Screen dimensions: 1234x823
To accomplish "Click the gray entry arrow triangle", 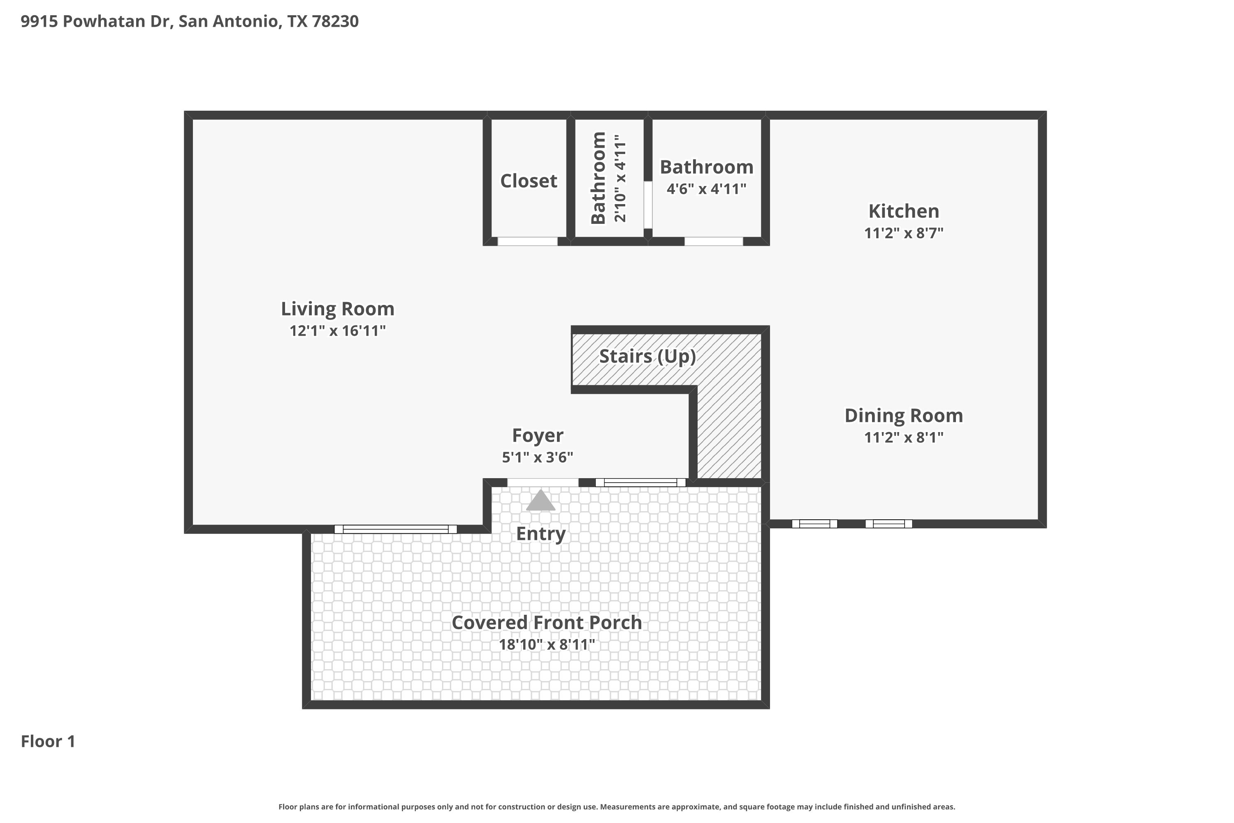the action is pyautogui.click(x=540, y=501).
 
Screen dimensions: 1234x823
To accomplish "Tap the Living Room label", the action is pyautogui.click(x=337, y=309).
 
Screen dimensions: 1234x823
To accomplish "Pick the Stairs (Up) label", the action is pyautogui.click(x=647, y=356).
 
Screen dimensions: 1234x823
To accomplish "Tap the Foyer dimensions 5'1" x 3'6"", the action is pyautogui.click(x=537, y=457).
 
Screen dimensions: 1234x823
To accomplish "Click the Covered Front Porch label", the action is pyautogui.click(x=547, y=623).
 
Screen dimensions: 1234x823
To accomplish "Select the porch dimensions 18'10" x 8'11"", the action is pyautogui.click(x=547, y=644).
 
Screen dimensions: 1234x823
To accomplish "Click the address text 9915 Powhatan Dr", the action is pyautogui.click(x=97, y=21).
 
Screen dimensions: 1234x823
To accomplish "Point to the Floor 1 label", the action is pyautogui.click(x=48, y=741).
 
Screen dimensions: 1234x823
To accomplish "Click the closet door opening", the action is pyautogui.click(x=527, y=242).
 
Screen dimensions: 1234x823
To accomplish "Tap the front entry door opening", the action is pyautogui.click(x=543, y=482).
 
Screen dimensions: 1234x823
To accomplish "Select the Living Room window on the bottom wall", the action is pyautogui.click(x=396, y=529).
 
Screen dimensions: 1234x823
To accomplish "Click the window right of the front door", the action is pyautogui.click(x=640, y=482).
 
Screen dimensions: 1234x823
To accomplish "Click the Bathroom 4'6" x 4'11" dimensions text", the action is pyautogui.click(x=706, y=188).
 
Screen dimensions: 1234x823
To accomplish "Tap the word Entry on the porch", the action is pyautogui.click(x=541, y=534).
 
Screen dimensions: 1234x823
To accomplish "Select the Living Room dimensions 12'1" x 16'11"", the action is pyautogui.click(x=337, y=331).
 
